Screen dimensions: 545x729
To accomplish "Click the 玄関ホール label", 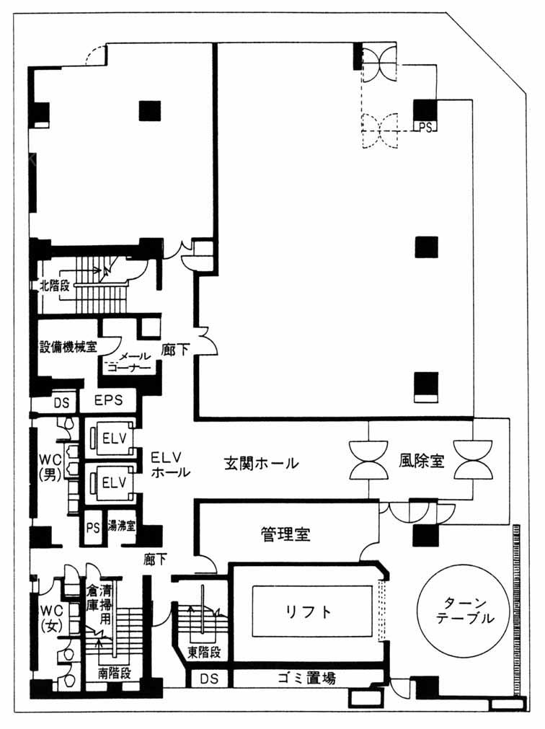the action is (261, 463).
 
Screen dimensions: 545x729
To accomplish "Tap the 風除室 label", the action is (422, 460).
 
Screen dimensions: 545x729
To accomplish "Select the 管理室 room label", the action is (285, 534).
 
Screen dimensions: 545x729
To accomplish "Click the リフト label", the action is (309, 611).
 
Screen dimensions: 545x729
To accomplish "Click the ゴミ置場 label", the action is (306, 679).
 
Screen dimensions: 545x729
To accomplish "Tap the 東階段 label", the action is (204, 653).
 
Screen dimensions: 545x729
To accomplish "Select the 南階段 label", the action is (115, 673).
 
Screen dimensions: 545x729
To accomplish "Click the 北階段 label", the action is (54, 285).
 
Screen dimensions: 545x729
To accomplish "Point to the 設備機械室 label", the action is (68, 347).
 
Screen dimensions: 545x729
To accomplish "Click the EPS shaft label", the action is (108, 400).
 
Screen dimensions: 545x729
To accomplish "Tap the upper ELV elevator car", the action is (113, 438).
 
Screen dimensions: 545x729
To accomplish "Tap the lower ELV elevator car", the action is (113, 482).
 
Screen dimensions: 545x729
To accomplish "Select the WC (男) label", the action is (50, 467).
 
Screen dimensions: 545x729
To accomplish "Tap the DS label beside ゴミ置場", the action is (208, 679).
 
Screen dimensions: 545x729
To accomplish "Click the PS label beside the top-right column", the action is (425, 127).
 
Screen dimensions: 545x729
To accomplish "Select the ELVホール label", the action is (171, 464).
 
